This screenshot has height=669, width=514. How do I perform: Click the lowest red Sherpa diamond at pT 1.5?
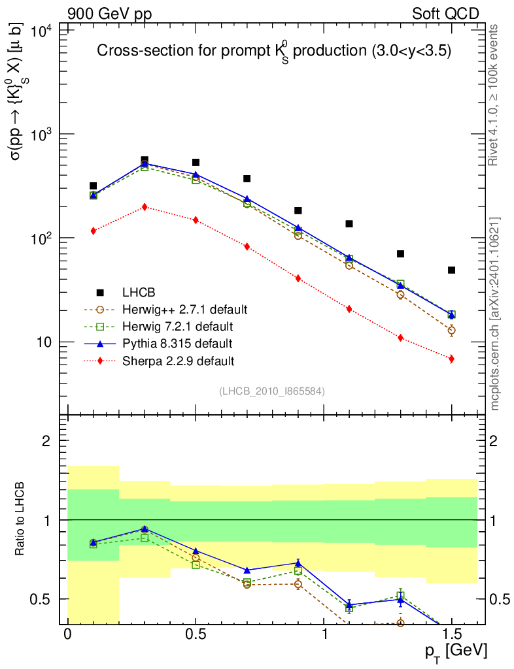tap(451, 359)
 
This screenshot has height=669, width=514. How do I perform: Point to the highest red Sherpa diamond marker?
tap(145, 206)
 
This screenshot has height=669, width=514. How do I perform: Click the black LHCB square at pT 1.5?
tap(451, 270)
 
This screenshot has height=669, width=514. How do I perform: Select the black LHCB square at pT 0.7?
tap(247, 178)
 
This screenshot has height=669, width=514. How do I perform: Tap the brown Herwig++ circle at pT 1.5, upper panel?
tap(451, 330)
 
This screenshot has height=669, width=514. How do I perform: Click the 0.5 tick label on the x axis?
tap(196, 634)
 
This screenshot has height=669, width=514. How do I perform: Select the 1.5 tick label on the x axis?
tap(451, 634)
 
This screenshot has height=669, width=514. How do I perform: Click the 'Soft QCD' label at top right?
tap(445, 13)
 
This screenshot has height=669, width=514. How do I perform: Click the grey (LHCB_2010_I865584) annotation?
tap(272, 391)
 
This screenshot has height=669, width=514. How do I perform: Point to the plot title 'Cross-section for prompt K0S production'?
tap(274, 51)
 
